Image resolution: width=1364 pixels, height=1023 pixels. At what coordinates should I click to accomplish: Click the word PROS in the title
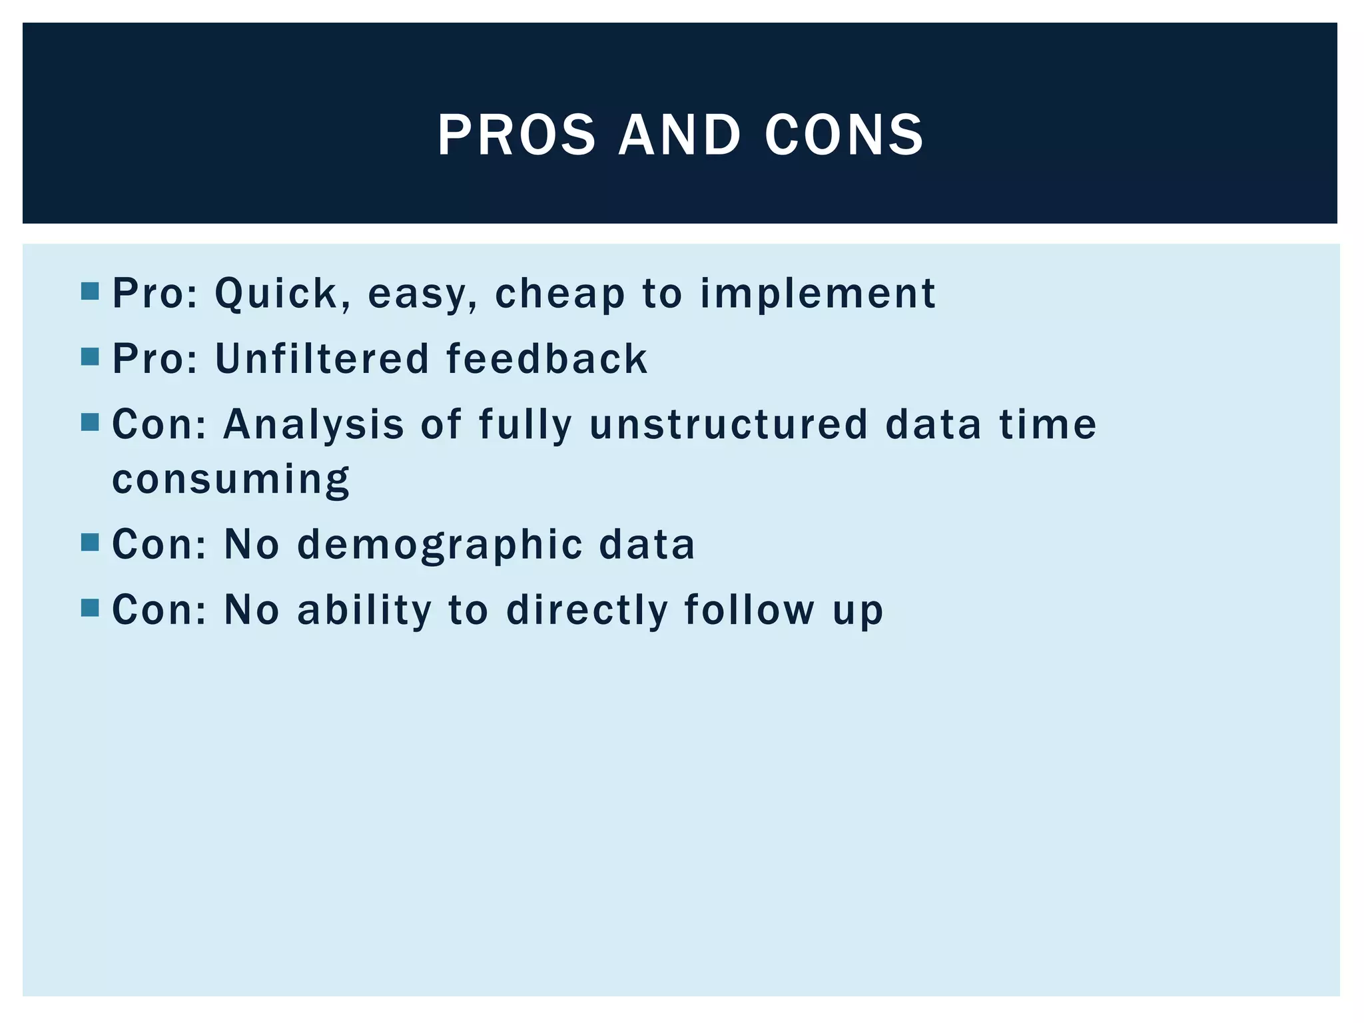pyautogui.click(x=516, y=135)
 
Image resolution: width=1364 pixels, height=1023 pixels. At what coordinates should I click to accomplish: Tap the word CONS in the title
pyautogui.click(x=844, y=135)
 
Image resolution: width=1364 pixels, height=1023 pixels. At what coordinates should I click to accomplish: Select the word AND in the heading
pyautogui.click(x=679, y=135)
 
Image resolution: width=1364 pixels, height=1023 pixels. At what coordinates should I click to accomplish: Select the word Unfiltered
pyautogui.click(x=322, y=359)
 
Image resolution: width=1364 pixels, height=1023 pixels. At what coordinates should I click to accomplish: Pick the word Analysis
pyautogui.click(x=313, y=424)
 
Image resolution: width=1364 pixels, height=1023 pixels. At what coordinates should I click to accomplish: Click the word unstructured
pyautogui.click(x=729, y=424)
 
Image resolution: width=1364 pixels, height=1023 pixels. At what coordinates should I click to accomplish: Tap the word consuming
pyautogui.click(x=230, y=479)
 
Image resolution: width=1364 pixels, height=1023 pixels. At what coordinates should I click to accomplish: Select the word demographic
pyautogui.click(x=439, y=544)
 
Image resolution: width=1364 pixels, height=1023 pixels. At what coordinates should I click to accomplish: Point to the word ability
pyautogui.click(x=364, y=609)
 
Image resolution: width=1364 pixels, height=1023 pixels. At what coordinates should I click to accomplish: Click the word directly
pyautogui.click(x=587, y=609)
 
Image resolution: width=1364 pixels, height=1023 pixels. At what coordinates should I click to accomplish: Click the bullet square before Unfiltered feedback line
pyautogui.click(x=89, y=357)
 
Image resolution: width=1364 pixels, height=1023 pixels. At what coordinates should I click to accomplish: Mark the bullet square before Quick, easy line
pyautogui.click(x=89, y=292)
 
